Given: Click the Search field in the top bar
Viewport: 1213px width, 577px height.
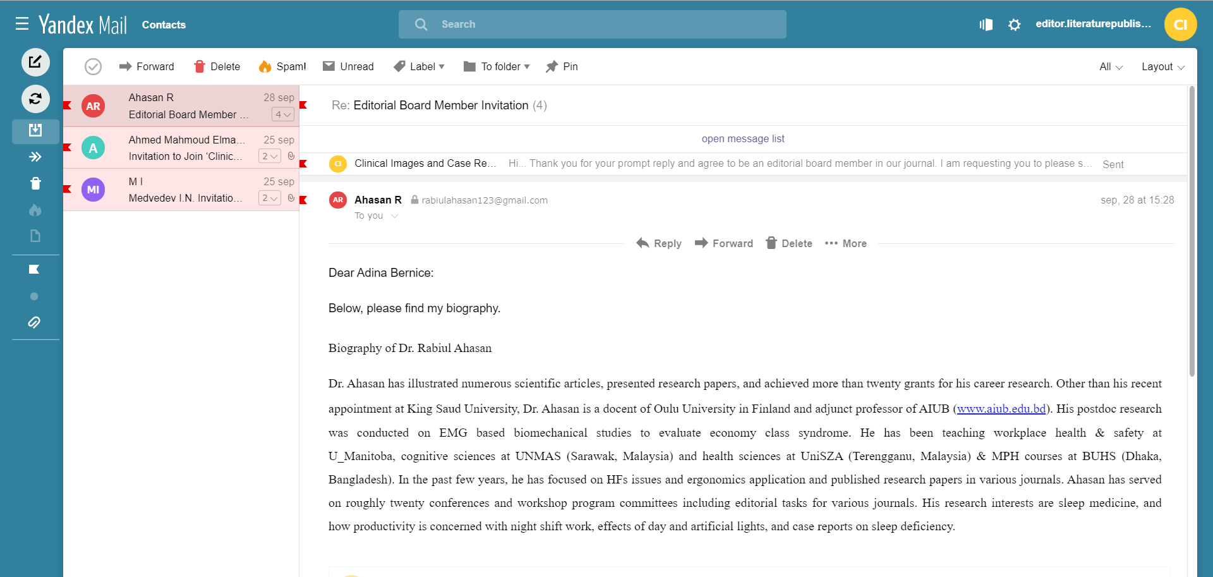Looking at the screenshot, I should pyautogui.click(x=592, y=25).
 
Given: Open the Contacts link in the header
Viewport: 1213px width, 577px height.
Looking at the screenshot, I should pyautogui.click(x=164, y=25).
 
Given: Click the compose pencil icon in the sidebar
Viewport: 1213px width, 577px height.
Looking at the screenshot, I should pyautogui.click(x=35, y=62).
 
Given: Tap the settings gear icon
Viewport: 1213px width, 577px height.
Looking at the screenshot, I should pyautogui.click(x=1014, y=25).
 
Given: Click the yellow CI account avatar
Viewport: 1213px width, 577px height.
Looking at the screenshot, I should pyautogui.click(x=1180, y=25).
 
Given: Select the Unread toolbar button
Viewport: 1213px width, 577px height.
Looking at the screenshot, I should pyautogui.click(x=348, y=66).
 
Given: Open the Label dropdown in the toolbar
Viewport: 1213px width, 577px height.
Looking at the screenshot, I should pyautogui.click(x=419, y=66).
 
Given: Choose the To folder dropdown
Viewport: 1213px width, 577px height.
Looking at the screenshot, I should pyautogui.click(x=497, y=66).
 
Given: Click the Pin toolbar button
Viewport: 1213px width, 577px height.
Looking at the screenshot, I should pyautogui.click(x=562, y=66).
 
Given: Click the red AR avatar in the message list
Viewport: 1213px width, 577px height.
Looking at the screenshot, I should pyautogui.click(x=93, y=106).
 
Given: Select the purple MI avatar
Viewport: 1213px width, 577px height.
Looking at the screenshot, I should pyautogui.click(x=93, y=190).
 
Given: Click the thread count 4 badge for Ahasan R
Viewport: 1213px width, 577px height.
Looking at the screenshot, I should pyautogui.click(x=282, y=114).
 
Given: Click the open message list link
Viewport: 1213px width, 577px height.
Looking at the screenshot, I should pyautogui.click(x=743, y=138).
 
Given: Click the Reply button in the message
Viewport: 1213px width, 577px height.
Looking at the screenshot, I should pyautogui.click(x=659, y=243).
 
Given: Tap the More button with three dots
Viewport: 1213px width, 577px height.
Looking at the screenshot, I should pyautogui.click(x=846, y=243).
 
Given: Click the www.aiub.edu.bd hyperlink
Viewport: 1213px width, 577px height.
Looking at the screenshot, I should pyautogui.click(x=1001, y=409).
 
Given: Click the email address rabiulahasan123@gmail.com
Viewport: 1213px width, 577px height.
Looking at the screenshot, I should pyautogui.click(x=485, y=200).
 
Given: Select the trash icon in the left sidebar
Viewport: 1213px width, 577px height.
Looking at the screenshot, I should pyautogui.click(x=35, y=183).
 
